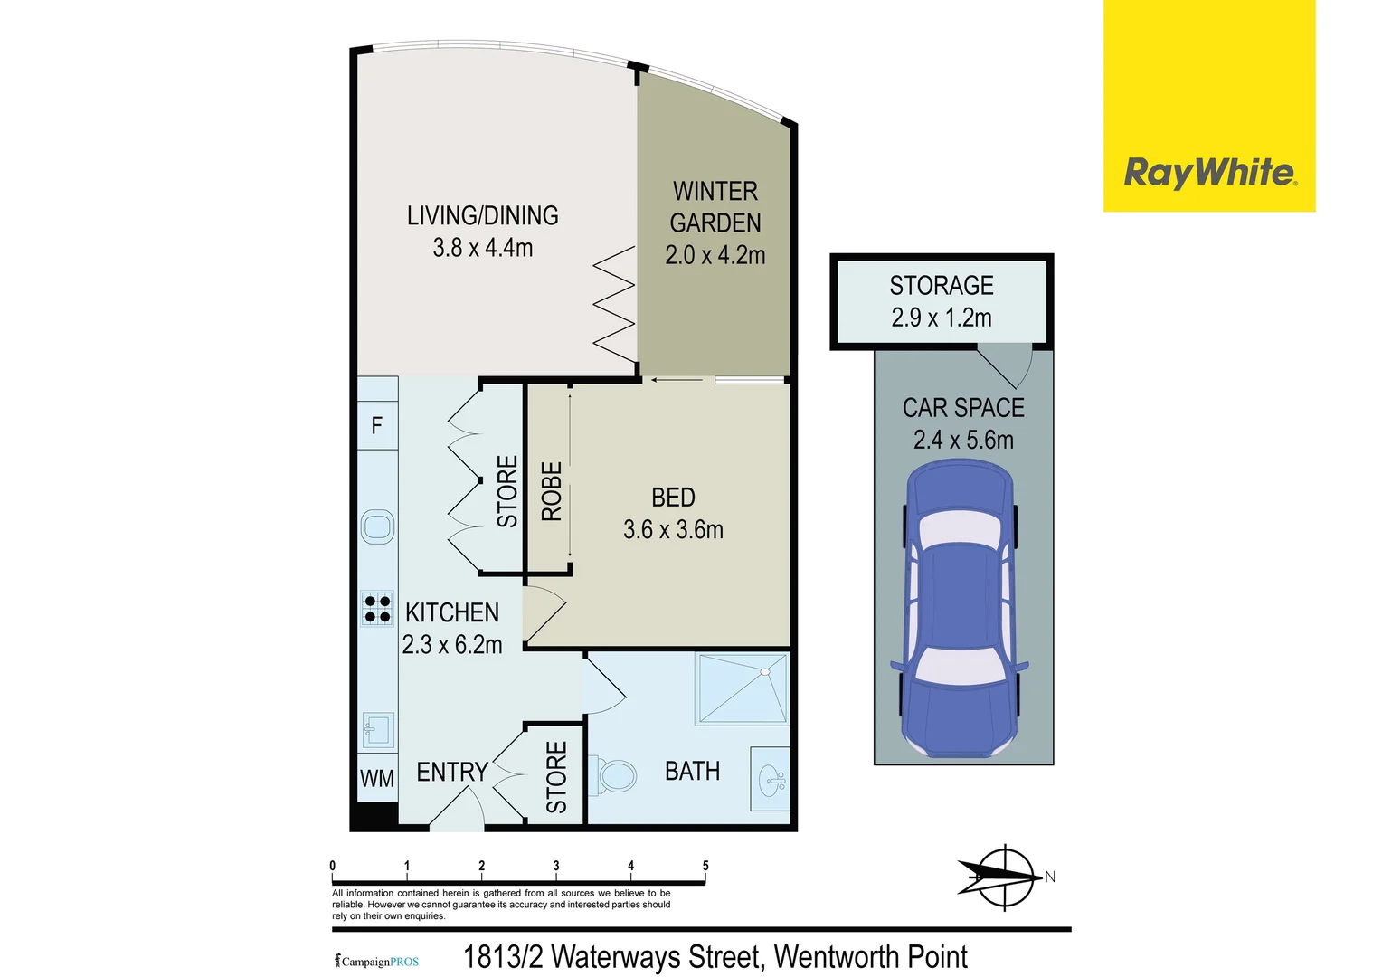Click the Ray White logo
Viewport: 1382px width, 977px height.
tap(1209, 172)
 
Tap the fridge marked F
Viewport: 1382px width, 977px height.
tap(377, 425)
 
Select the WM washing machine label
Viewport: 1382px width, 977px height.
tap(377, 778)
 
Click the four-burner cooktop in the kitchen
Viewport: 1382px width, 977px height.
tap(377, 610)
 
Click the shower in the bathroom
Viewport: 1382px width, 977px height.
tap(743, 688)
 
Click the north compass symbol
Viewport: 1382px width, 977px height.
tap(1004, 877)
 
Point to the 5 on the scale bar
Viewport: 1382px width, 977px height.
tap(705, 866)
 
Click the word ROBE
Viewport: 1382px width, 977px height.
tap(552, 491)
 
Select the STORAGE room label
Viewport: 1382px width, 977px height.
tap(942, 286)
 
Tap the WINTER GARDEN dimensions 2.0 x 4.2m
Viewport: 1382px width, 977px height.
tap(715, 255)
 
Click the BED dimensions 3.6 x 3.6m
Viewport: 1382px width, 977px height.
tap(673, 530)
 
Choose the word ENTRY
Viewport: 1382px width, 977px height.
tap(452, 772)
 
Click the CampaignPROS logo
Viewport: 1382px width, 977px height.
tap(377, 961)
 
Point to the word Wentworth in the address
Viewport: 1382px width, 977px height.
tap(837, 957)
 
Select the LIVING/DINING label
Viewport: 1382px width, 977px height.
tap(482, 215)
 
